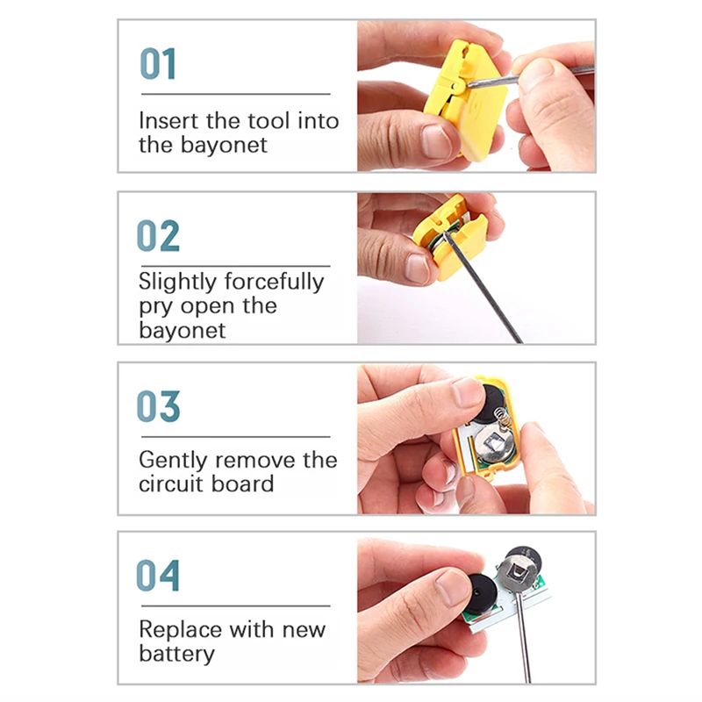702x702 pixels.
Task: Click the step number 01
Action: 158,63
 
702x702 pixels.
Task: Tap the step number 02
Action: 158,235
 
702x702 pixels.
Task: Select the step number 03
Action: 158,406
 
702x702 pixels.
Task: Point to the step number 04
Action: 158,576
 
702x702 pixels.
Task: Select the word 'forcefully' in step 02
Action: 274,283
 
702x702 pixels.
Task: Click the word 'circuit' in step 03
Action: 170,484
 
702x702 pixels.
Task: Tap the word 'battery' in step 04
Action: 177,655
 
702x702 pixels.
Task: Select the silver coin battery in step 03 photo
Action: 497,444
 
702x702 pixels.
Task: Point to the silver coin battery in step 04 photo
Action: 520,571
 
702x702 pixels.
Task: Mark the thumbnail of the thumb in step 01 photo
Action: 436,141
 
